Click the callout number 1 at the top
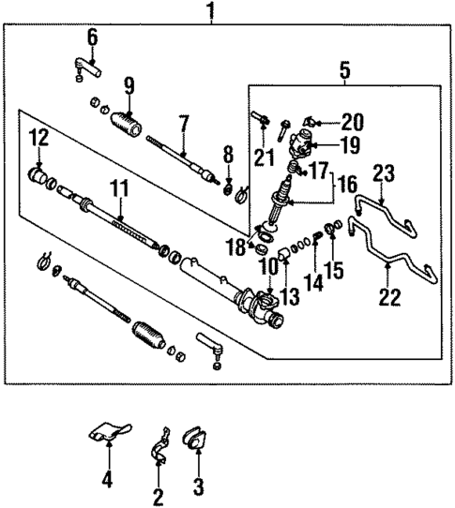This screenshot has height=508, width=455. pos(210,12)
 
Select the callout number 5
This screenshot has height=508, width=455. pos(345,68)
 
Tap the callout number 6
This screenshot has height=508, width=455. pos(93,37)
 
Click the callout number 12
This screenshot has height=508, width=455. pos(37,138)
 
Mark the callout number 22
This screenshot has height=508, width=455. pos(389,297)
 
